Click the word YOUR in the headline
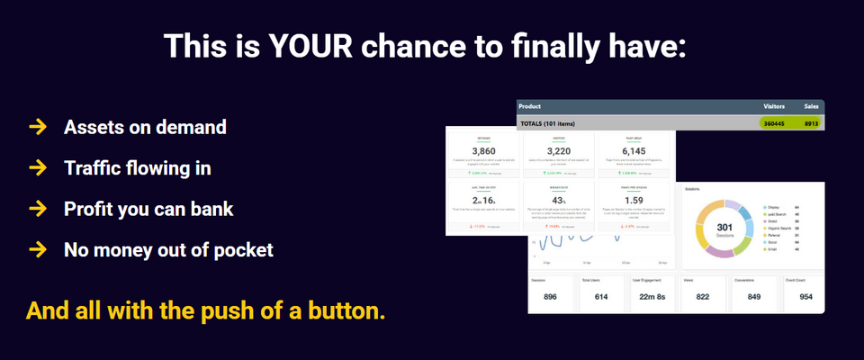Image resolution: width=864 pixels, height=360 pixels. click(306, 45)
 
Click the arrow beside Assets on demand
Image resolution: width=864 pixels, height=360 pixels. click(37, 127)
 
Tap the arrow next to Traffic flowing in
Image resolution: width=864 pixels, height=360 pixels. click(37, 167)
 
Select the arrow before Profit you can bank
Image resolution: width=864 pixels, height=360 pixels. click(37, 209)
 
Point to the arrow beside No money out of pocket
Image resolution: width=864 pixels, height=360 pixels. click(37, 249)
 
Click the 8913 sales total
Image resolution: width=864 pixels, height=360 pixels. click(811, 122)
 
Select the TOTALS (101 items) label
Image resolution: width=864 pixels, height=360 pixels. click(559, 122)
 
